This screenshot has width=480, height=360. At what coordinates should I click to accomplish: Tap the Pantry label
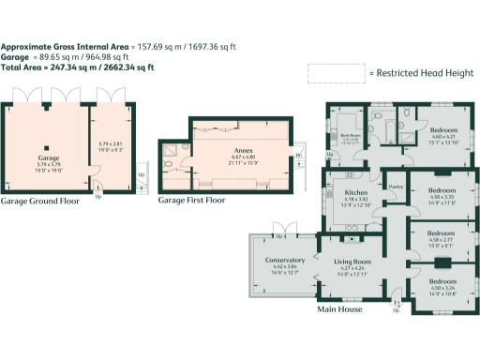396,186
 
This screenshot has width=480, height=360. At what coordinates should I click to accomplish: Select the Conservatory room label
285,260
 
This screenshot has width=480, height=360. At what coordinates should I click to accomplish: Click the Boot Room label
349,136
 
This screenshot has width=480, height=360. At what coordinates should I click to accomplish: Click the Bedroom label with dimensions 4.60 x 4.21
444,127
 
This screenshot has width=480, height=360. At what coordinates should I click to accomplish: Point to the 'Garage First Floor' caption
191,201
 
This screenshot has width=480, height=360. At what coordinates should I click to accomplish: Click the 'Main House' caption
338,309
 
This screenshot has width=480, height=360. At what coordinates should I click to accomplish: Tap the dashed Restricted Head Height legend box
336,72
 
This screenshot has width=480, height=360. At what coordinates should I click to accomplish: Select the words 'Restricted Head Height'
420,72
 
